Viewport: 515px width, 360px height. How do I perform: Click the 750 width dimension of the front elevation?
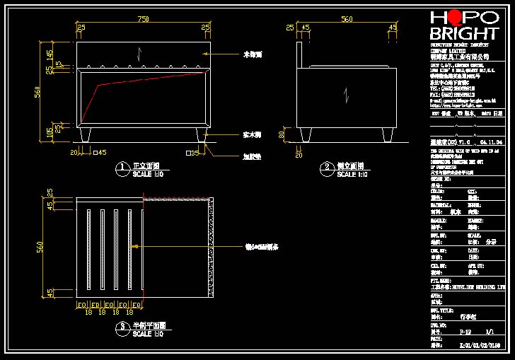(x=143, y=20)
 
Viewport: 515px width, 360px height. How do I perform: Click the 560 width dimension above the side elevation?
(x=347, y=20)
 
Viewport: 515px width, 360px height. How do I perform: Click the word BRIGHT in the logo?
(x=464, y=34)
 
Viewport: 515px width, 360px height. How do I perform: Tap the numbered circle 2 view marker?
(x=328, y=168)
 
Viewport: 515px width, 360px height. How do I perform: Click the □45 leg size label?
(x=100, y=152)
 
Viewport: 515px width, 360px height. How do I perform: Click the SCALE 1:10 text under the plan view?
(x=149, y=334)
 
